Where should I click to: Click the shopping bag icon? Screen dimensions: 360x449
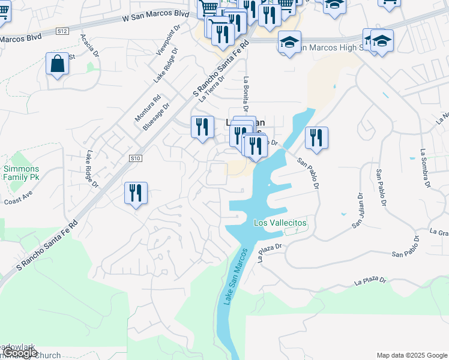pyautogui.click(x=57, y=64)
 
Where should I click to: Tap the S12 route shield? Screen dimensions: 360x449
pyautogui.click(x=62, y=30)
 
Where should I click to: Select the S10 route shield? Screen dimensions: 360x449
pyautogui.click(x=135, y=158)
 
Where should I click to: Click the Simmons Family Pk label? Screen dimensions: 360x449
pyautogui.click(x=21, y=173)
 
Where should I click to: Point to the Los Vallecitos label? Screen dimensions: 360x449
pyautogui.click(x=280, y=223)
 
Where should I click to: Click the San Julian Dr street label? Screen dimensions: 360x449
pyautogui.click(x=358, y=210)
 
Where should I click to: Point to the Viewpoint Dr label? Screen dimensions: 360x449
pyautogui.click(x=168, y=41)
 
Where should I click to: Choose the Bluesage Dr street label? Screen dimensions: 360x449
pyautogui.click(x=156, y=116)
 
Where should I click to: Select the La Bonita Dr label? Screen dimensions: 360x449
pyautogui.click(x=246, y=95)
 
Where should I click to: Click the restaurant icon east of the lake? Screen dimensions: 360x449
pyautogui.click(x=315, y=138)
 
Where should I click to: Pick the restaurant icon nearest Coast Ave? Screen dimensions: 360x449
pyautogui.click(x=136, y=193)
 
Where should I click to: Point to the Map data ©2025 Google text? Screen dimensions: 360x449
pyautogui.click(x=411, y=355)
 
